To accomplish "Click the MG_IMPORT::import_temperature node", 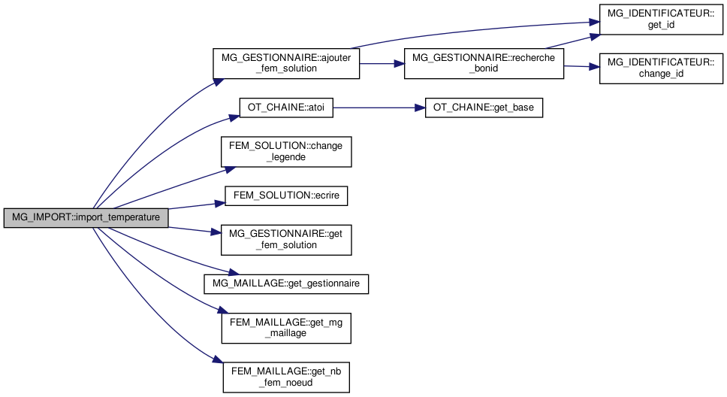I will [86, 218].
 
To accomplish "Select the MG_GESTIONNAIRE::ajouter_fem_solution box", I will [286, 63].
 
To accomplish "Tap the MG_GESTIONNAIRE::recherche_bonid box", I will [484, 63].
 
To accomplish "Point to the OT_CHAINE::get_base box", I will [483, 108].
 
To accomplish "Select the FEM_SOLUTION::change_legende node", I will [286, 151].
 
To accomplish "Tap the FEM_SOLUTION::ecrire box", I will [286, 195].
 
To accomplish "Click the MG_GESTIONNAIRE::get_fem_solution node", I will [286, 239].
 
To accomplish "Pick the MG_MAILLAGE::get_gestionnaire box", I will [286, 283].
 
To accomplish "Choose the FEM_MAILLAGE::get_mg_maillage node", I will [286, 327].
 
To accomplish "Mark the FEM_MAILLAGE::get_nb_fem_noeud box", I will [286, 371].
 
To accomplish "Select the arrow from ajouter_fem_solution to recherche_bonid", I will [382, 64].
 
